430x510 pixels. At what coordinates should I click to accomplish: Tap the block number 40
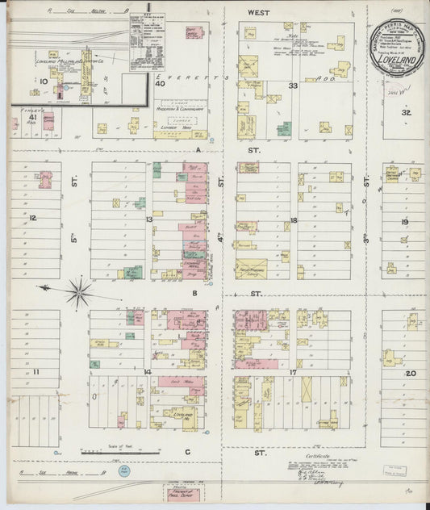(x=161, y=83)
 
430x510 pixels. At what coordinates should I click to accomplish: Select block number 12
(x=33, y=218)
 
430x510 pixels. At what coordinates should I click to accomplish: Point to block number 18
(x=294, y=219)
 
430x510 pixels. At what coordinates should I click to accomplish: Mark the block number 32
(x=407, y=113)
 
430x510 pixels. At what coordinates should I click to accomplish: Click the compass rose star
(x=79, y=292)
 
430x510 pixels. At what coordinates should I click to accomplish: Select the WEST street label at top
(x=258, y=13)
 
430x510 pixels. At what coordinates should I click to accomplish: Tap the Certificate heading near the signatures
(x=322, y=456)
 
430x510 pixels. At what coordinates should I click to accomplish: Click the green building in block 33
(x=284, y=128)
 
